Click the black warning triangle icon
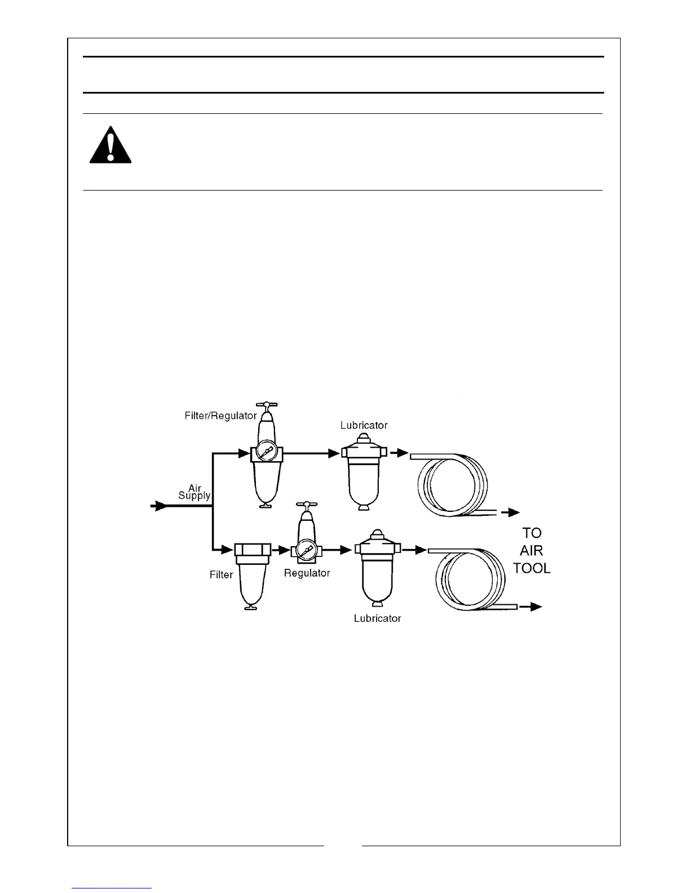point(110,145)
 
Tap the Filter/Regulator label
point(220,416)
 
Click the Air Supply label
point(194,492)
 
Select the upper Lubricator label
point(364,426)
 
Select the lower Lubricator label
point(377,618)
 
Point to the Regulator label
point(307,573)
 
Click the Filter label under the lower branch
point(221,575)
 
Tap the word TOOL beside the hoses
point(532,568)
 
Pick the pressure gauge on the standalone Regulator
point(307,549)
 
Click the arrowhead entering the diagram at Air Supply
point(160,506)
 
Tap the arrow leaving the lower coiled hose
point(531,607)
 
